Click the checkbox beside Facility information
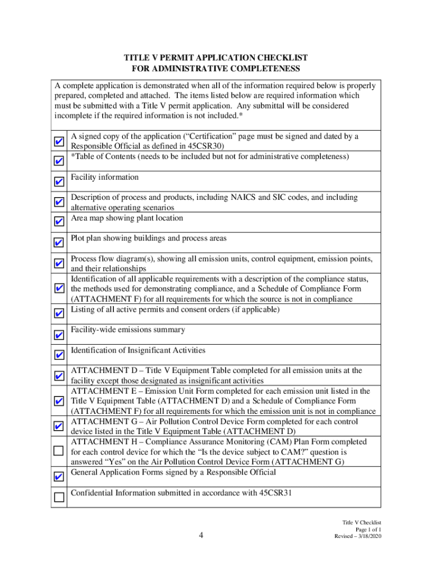tap(59, 182)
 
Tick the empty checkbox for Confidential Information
tap(59, 496)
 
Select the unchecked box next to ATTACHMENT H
tap(59, 450)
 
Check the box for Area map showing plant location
tap(59, 221)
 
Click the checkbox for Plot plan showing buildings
tap(59, 243)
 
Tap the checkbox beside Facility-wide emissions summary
tap(59, 335)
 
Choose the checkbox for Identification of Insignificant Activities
tap(59, 355)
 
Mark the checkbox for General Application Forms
tap(59, 477)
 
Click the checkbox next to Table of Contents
tap(59, 161)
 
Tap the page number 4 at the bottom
tap(201, 535)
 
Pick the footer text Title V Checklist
tap(362, 522)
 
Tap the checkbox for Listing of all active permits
tap(59, 313)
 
